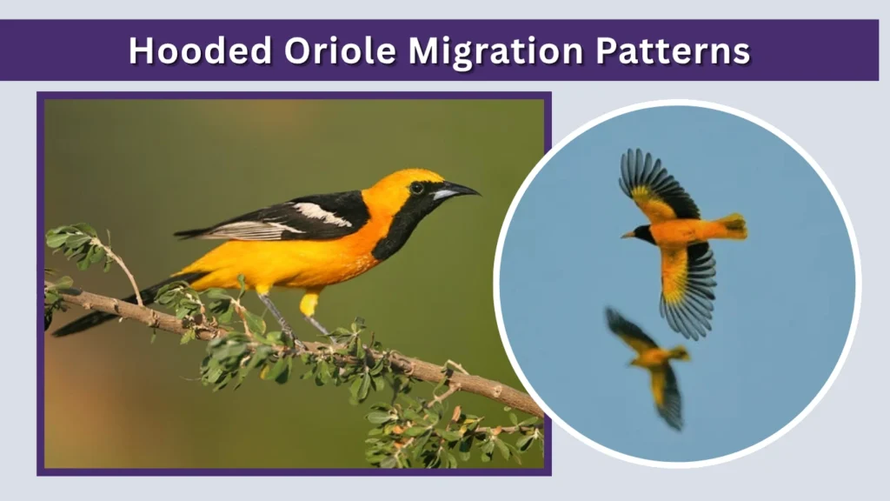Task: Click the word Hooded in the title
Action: (x=200, y=50)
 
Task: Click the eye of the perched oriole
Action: (x=417, y=187)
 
